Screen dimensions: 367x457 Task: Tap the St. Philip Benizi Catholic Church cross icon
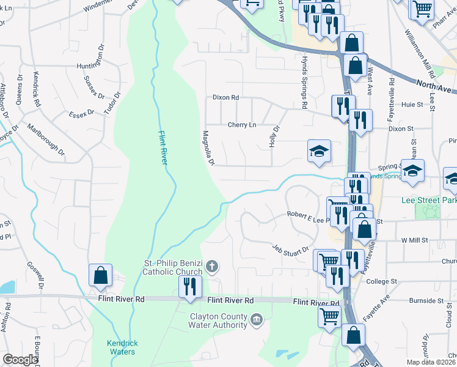212,266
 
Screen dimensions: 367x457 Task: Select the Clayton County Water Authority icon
257,319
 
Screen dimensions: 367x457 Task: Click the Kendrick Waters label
120,347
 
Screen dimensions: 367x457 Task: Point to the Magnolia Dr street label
208,147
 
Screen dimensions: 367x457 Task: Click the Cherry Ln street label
242,124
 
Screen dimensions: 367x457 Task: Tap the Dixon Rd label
225,97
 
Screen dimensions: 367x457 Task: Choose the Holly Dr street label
274,136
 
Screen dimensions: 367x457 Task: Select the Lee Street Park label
429,200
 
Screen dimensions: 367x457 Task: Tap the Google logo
20,360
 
